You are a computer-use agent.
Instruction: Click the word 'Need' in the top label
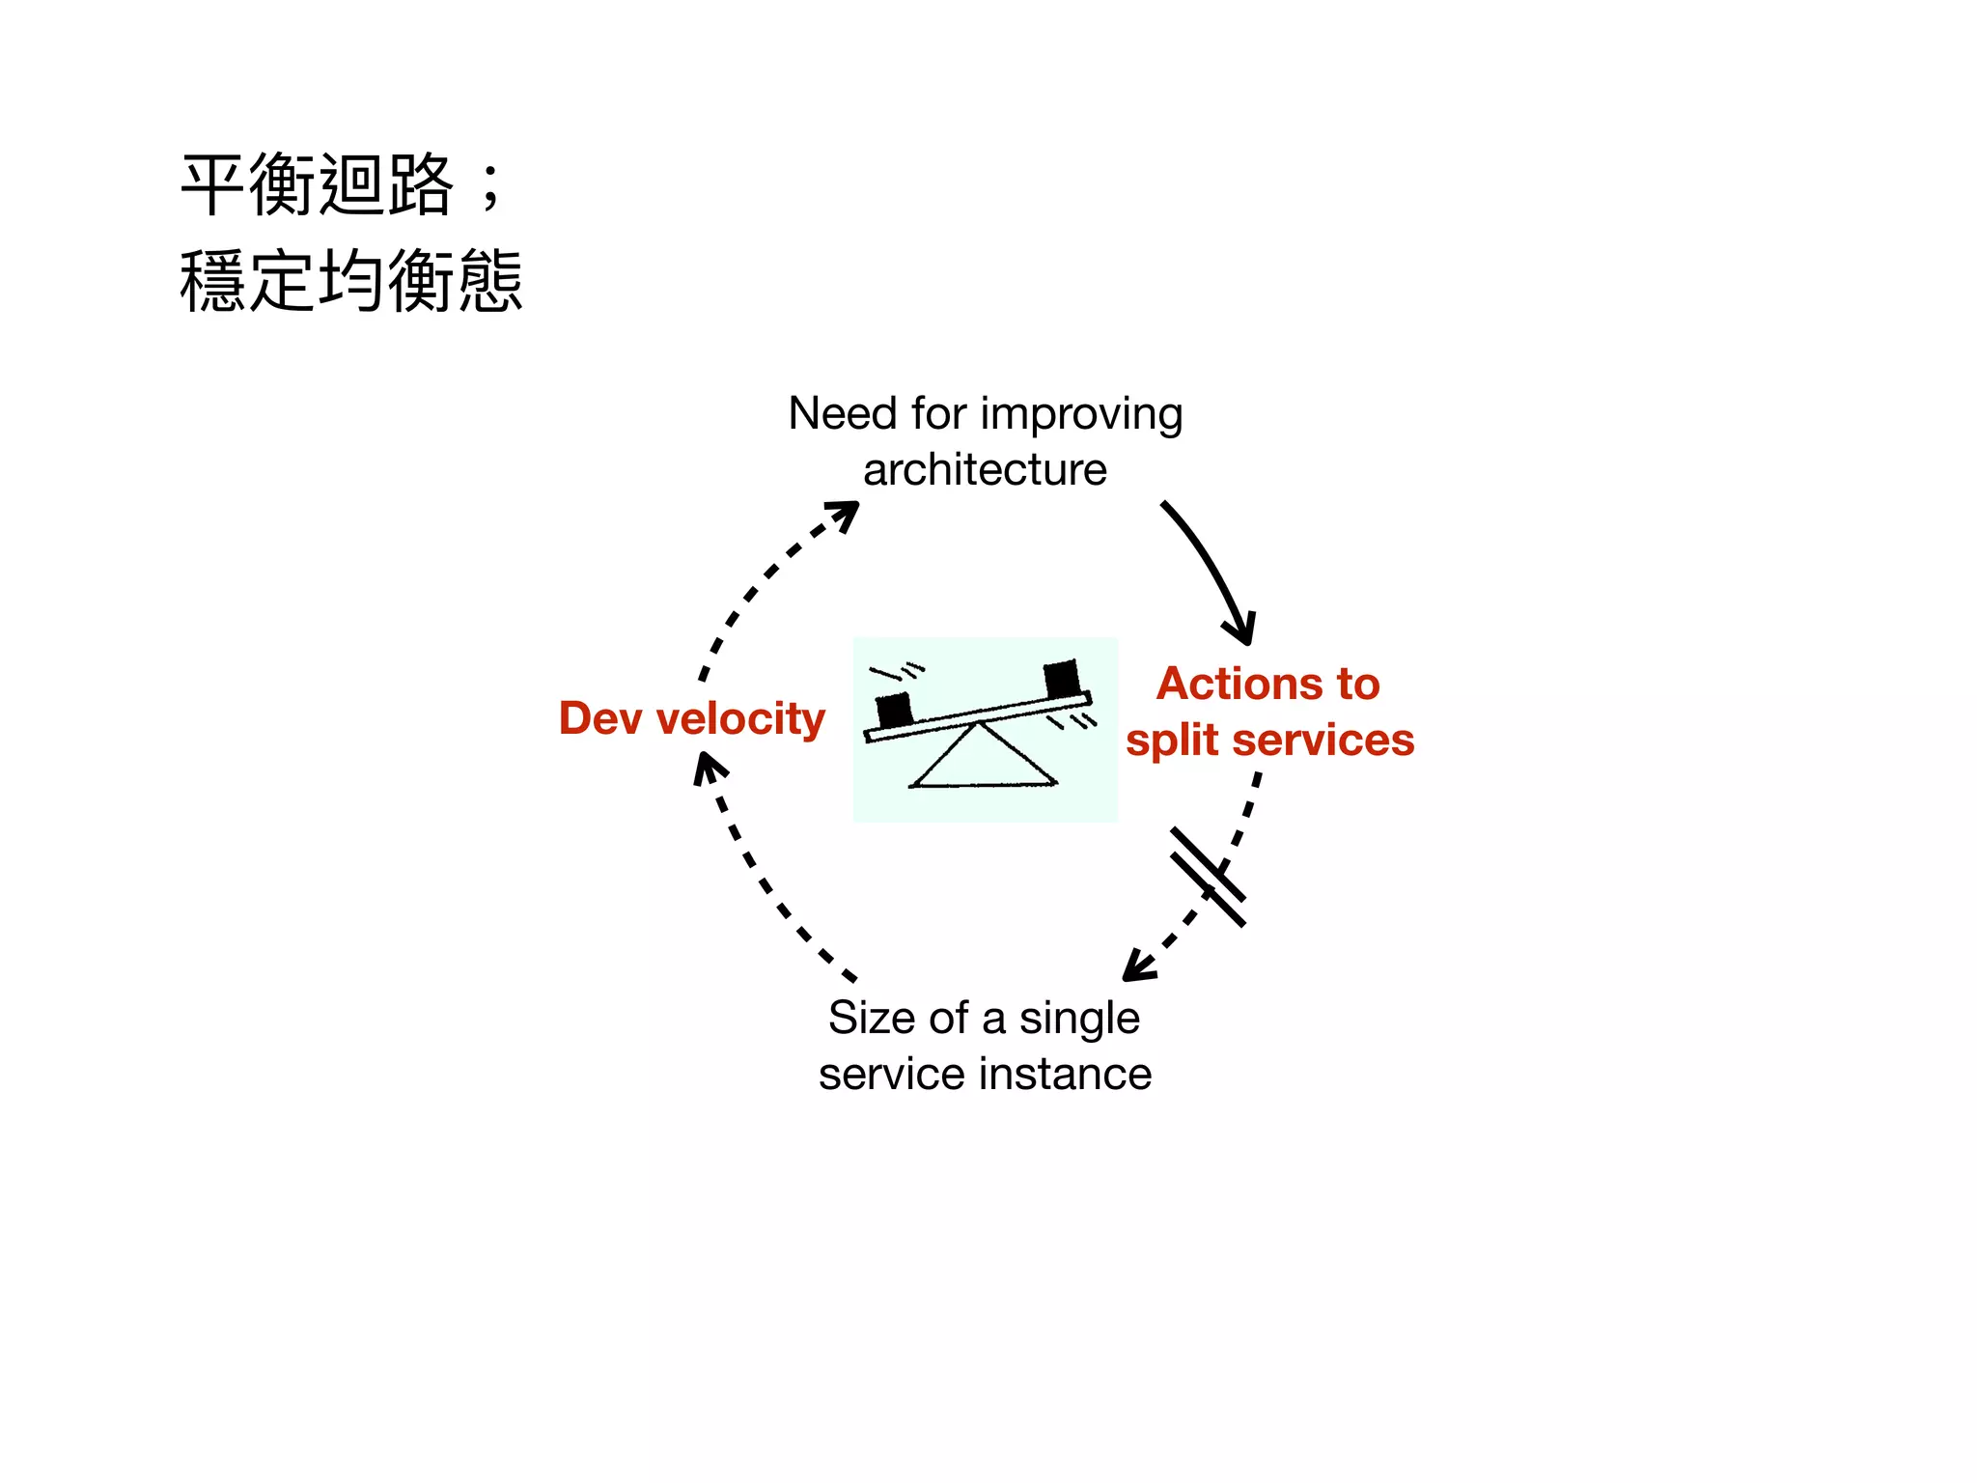tap(843, 414)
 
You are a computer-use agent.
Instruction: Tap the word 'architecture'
tap(985, 470)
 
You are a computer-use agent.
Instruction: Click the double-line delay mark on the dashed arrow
tap(1208, 877)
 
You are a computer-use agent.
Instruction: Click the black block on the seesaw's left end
tap(894, 710)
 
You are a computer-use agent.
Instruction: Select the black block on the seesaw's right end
tap(1062, 679)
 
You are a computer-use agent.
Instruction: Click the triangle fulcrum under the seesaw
tap(983, 759)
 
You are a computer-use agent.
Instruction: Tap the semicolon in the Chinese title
tap(491, 188)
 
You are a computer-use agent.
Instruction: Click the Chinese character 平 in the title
tap(214, 185)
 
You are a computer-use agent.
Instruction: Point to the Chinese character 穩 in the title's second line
tap(214, 281)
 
